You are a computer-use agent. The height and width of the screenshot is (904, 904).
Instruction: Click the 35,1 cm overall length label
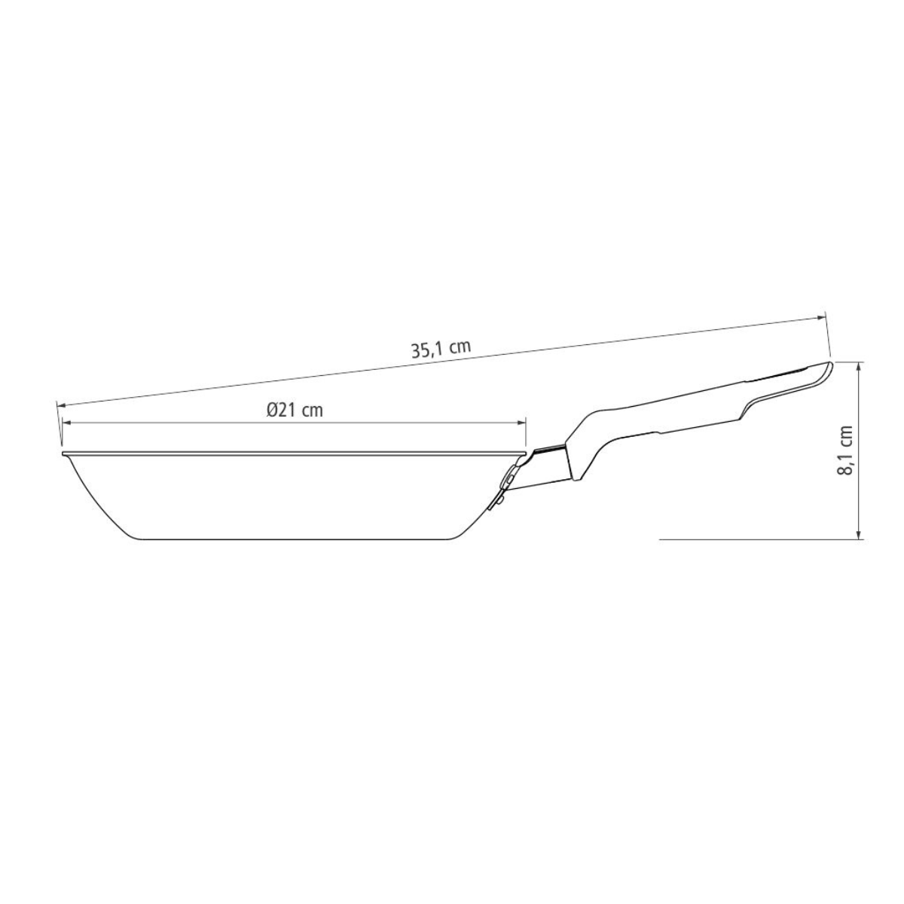point(441,349)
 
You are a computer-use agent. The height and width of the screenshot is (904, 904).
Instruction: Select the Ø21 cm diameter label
point(295,410)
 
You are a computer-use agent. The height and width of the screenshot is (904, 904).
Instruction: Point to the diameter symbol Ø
point(272,410)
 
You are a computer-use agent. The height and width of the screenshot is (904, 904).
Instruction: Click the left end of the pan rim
point(63,454)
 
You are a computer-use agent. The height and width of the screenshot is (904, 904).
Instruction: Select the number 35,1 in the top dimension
point(427,350)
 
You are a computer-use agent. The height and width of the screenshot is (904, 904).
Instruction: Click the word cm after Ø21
point(312,410)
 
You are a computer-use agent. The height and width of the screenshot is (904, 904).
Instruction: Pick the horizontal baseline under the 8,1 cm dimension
point(753,539)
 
